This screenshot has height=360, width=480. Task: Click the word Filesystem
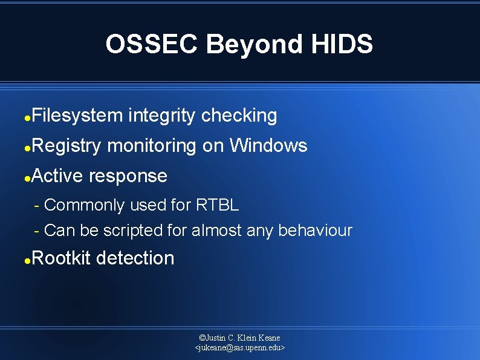(x=77, y=115)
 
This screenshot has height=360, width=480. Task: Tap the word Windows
(x=268, y=145)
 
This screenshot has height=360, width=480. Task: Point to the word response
(x=128, y=175)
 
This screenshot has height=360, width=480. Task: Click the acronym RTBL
(x=218, y=205)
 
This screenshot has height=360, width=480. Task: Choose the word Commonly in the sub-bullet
(x=85, y=205)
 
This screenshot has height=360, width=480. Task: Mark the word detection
(x=135, y=258)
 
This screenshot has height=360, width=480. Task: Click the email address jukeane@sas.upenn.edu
(x=240, y=348)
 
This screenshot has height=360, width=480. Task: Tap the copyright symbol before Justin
(x=202, y=338)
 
